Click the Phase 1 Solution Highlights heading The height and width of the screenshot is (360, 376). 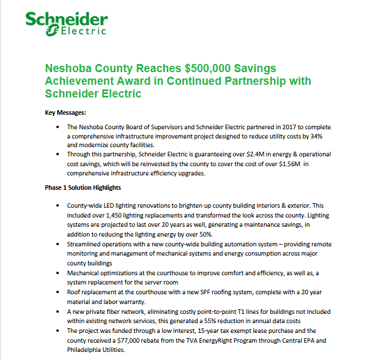(83, 188)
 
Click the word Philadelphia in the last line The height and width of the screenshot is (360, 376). (87, 350)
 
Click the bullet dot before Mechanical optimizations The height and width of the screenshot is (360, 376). (56, 273)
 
